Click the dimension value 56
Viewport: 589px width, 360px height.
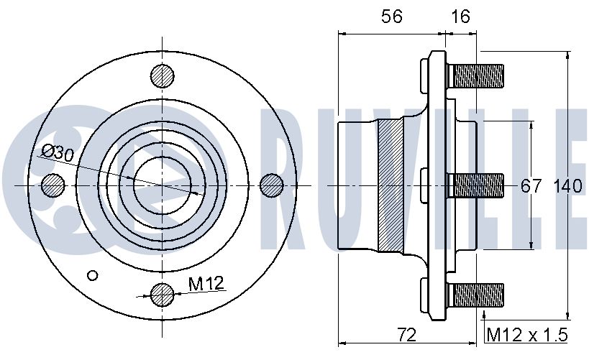tap(392, 17)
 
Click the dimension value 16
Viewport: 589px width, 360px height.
tap(460, 17)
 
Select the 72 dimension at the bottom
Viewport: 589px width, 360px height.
tap(407, 334)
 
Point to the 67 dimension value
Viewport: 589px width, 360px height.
tap(531, 186)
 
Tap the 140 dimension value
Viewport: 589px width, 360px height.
tap(568, 186)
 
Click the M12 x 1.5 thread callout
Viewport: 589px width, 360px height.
tap(527, 334)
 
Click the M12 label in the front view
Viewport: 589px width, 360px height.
tap(206, 283)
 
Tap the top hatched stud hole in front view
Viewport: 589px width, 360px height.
tap(163, 76)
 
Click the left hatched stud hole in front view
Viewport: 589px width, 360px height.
tap(52, 185)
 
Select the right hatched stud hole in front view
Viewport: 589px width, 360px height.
tap(272, 185)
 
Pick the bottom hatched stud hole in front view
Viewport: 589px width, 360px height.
tap(163, 295)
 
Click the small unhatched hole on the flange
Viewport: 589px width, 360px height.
tap(92, 275)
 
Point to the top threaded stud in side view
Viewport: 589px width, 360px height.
tap(475, 76)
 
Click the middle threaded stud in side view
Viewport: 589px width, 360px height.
tap(475, 186)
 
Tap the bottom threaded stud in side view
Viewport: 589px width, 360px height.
tap(475, 295)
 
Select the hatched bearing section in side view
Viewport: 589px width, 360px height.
tap(391, 185)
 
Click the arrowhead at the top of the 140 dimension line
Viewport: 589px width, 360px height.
tap(567, 55)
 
